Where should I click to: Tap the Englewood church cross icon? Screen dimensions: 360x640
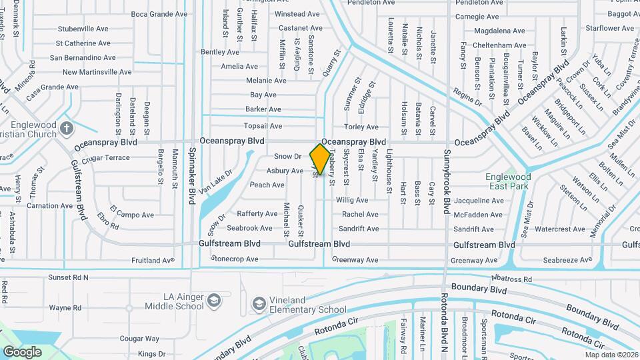click(65, 127)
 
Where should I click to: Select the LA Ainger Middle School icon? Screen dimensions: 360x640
click(213, 301)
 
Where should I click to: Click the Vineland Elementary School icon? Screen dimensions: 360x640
click(258, 304)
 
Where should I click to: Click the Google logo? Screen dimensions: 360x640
click(22, 351)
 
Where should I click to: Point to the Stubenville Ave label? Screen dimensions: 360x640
click(83, 29)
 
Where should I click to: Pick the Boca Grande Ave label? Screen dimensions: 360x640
click(159, 14)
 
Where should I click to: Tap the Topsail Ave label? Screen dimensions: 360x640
click(263, 125)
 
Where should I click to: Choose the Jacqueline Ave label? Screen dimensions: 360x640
click(478, 200)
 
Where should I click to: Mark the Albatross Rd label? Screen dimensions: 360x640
click(509, 279)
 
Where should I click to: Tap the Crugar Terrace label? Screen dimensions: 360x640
click(107, 157)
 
